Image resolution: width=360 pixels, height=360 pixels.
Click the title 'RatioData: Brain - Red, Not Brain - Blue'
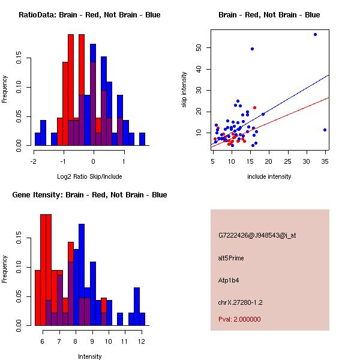click(89, 15)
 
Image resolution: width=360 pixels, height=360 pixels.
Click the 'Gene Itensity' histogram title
click(89, 195)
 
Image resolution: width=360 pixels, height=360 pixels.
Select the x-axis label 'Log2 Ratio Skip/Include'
click(89, 176)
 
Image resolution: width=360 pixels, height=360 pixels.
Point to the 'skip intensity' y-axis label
click(185, 90)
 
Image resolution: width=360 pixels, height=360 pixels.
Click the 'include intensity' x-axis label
click(269, 176)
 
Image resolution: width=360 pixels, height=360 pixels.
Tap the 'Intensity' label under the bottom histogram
click(90, 356)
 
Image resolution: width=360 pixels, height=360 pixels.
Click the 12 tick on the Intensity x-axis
click(141, 341)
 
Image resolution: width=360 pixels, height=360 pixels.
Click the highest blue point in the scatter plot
click(315, 35)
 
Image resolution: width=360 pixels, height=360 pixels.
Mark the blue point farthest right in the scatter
click(325, 130)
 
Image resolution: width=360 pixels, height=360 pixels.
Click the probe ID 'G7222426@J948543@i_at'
click(257, 235)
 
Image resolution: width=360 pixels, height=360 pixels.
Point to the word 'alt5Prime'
click(231, 258)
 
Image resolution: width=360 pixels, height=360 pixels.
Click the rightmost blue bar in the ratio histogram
click(142, 139)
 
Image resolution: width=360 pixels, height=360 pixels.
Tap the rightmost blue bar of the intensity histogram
click(142, 319)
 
